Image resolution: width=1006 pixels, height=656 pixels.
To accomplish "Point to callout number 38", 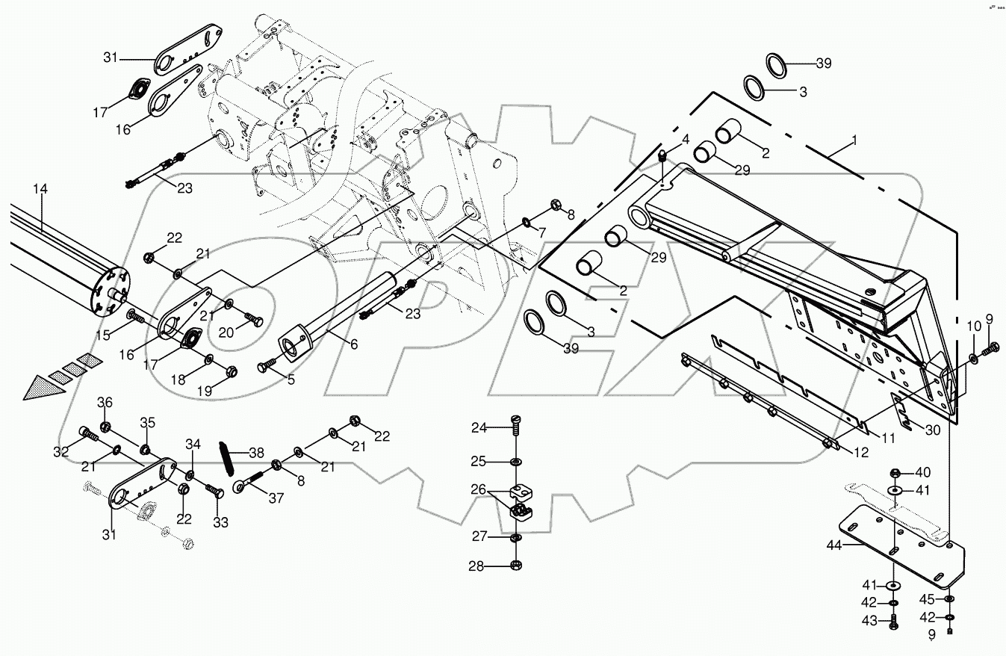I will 256,453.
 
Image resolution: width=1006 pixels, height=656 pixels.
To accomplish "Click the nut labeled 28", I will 515,566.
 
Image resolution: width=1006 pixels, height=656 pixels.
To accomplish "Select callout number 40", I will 924,472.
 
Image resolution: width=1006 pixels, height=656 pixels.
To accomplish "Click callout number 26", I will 479,490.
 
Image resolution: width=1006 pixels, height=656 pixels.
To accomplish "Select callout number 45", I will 926,599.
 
